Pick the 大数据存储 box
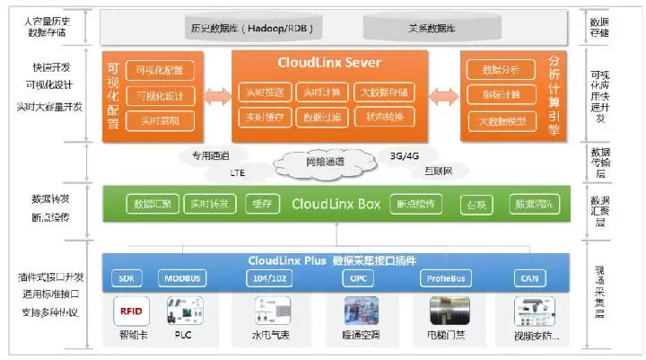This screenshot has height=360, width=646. click(x=382, y=92)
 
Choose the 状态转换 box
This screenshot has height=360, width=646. click(x=382, y=118)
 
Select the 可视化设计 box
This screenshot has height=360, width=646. click(x=159, y=94)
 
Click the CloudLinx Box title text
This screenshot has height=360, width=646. click(x=336, y=204)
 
